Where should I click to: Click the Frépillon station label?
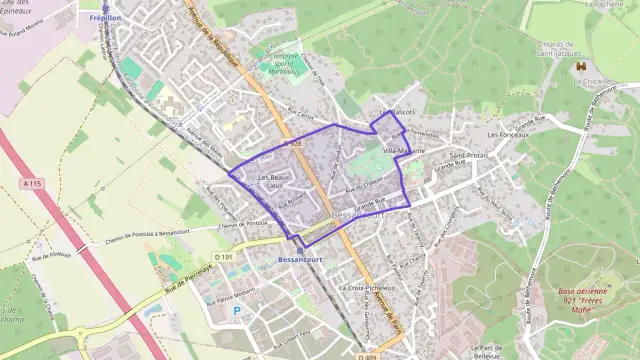pos(105,18)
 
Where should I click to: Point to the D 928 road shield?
pos(292,144)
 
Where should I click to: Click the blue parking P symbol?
pos(237,311)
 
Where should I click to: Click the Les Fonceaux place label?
pos(506,134)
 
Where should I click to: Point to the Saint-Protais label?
pos(468,156)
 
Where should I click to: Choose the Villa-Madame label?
pos(404,150)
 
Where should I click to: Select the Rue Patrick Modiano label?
pos(230,295)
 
